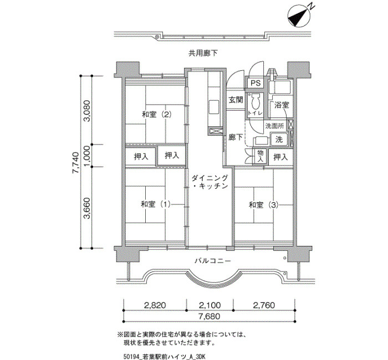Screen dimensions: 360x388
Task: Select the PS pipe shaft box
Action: pos(255,83)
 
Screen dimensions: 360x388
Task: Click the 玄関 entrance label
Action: pos(236,100)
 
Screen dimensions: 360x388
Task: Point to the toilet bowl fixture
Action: pos(256,102)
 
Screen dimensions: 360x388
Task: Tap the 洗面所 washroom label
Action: pos(275,126)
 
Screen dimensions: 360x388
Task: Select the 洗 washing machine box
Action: pos(280,139)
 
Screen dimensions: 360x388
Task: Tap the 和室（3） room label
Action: pos(263,205)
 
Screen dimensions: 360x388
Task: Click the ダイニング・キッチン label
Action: pos(210,182)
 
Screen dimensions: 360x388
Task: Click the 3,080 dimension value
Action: pos(87,111)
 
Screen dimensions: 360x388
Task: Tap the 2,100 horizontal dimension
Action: pos(210,305)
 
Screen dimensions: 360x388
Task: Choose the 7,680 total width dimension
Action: pos(210,317)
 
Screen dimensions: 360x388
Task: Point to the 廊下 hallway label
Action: pos(236,137)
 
